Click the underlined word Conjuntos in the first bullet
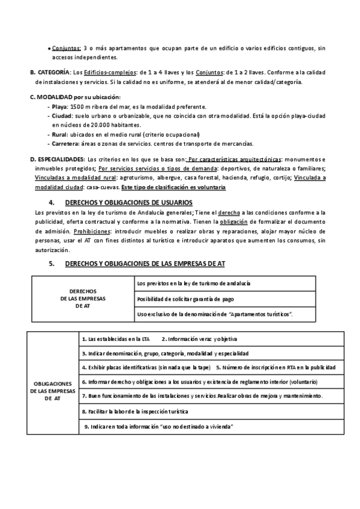[x=66, y=49]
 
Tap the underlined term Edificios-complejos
[x=118, y=72]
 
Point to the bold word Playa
[x=60, y=106]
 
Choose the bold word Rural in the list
[x=60, y=134]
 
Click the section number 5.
[x=52, y=263]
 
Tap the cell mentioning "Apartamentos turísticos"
[x=219, y=313]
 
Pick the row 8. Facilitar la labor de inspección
[x=135, y=412]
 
